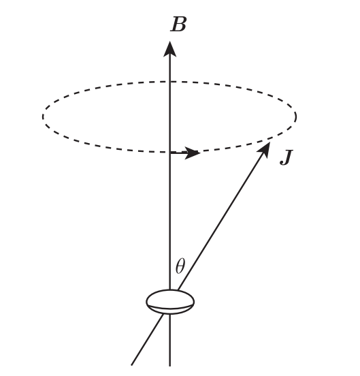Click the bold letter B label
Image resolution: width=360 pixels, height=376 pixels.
tap(178, 25)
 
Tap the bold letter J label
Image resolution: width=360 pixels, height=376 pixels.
tap(287, 157)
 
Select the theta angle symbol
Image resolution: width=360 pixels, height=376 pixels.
tap(180, 266)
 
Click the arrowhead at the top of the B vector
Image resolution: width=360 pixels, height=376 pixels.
tap(170, 49)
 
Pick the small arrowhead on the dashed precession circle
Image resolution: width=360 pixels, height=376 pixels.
tap(193, 153)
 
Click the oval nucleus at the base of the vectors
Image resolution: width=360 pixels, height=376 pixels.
tap(170, 302)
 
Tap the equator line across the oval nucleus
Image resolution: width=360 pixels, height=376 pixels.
tap(170, 307)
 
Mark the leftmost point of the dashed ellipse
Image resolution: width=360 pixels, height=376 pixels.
tap(43, 116)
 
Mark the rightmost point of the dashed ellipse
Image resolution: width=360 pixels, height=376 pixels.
tap(296, 116)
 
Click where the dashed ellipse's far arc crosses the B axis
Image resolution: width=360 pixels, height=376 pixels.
tap(170, 82)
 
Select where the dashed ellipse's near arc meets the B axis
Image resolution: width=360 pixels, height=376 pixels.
tap(170, 153)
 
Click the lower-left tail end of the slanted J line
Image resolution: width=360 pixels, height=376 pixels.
tap(132, 365)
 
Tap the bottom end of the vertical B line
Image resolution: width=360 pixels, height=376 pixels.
tap(170, 366)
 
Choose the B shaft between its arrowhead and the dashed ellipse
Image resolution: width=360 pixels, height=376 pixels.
tap(170, 69)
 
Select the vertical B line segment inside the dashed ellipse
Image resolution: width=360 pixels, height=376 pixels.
tap(170, 117)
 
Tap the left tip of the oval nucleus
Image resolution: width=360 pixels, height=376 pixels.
tap(146, 302)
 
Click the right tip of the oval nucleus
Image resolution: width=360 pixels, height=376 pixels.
tap(194, 302)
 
